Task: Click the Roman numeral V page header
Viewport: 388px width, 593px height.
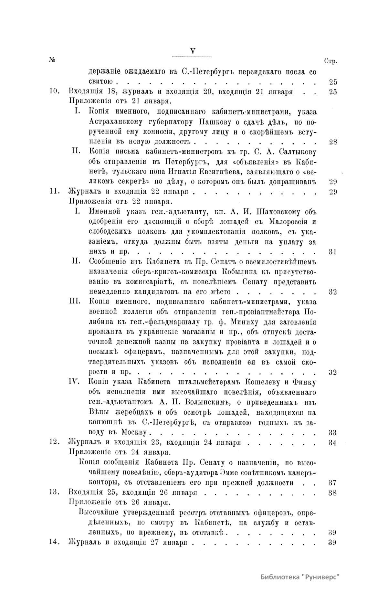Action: [193, 51]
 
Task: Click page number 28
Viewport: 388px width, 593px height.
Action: [332, 142]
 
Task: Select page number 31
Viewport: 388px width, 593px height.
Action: [332, 252]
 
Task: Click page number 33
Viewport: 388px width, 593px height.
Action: [332, 432]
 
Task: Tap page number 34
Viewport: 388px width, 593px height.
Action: [332, 443]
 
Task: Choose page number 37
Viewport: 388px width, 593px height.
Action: [332, 483]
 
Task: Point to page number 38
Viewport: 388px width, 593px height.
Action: [332, 493]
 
